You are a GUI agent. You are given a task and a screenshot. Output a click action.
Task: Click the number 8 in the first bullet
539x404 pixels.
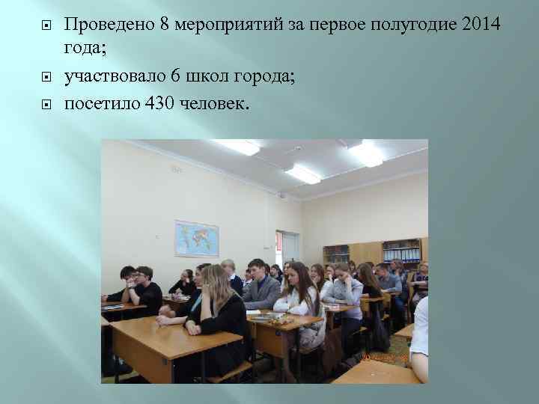point(163,25)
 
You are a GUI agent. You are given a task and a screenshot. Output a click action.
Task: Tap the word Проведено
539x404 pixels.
point(109,25)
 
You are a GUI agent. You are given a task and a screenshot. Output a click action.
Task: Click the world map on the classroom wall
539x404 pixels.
point(196,238)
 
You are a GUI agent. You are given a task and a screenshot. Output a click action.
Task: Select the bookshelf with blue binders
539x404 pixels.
point(401,250)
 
